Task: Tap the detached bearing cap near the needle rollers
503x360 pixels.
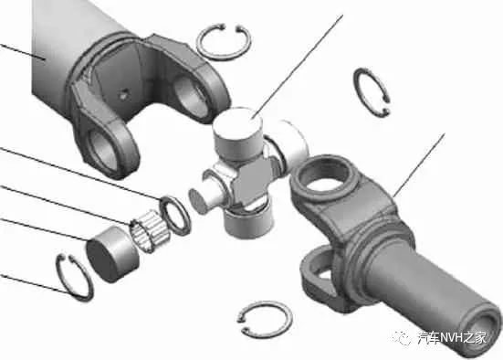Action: click(111, 254)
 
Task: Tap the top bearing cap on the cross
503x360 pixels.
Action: click(237, 132)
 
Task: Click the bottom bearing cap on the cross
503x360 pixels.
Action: click(249, 222)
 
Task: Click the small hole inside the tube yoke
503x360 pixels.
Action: click(123, 94)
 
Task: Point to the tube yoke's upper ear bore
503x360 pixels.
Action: click(192, 95)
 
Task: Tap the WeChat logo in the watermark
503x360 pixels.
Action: click(402, 338)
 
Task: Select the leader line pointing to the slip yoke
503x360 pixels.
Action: click(419, 165)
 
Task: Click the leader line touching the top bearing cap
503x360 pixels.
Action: click(298, 66)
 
